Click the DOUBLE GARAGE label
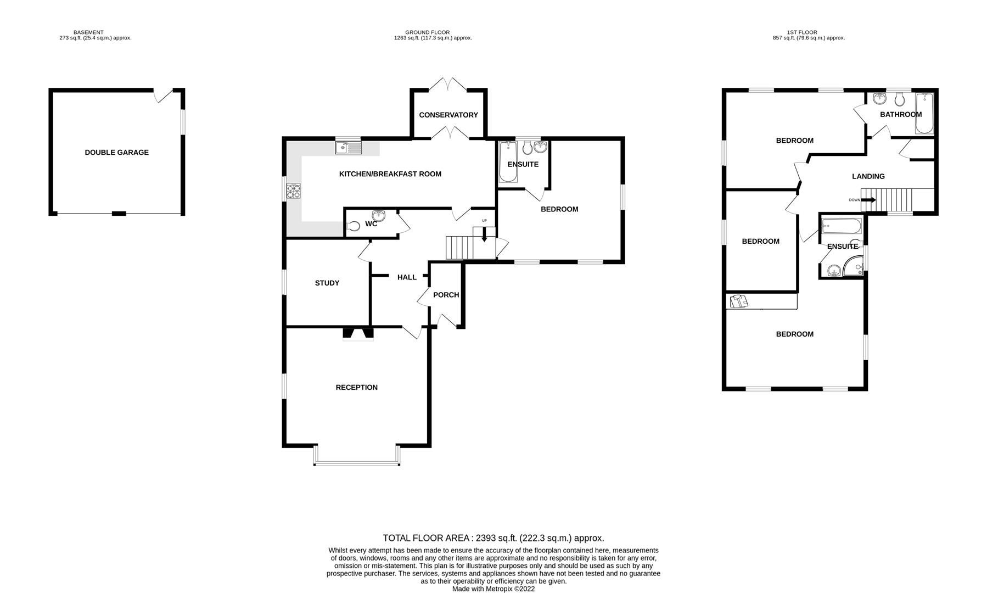pos(116,153)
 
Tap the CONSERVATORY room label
pos(448,115)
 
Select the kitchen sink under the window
pos(349,147)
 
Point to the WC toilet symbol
pos(355,225)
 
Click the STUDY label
pos(327,283)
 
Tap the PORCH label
pos(446,295)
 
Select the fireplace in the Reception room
pos(358,333)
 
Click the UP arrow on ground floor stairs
pos(484,235)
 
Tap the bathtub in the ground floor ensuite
pos(507,163)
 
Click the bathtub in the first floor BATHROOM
pos(924,113)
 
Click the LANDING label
pos(868,176)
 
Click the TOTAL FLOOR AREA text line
pos(493,538)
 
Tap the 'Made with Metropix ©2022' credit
pos(493,589)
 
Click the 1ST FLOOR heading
pos(808,32)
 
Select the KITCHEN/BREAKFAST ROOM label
pos(390,174)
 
